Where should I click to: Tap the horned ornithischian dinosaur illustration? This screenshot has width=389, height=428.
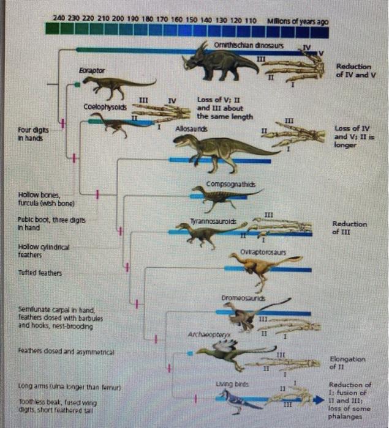[220, 62]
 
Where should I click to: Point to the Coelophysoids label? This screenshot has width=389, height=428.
[102, 107]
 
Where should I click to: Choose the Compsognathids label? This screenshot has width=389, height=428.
[227, 184]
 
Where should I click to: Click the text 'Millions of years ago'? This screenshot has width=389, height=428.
[298, 21]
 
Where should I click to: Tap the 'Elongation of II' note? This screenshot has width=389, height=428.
[347, 364]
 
